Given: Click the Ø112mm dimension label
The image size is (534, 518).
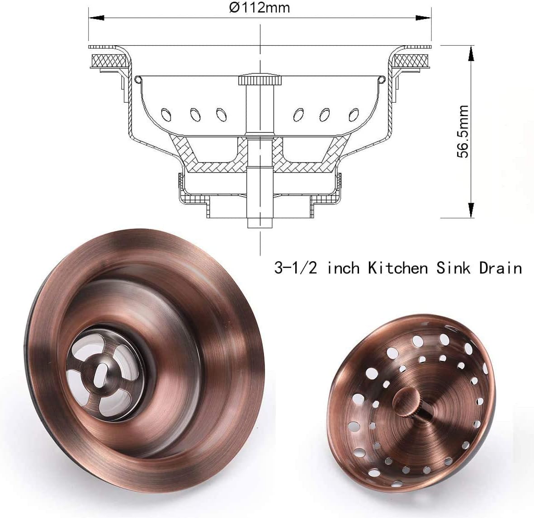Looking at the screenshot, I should coord(260,8).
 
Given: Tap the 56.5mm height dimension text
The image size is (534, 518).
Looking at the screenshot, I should coord(463,132).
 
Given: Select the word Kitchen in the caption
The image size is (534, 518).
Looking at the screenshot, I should coord(397,268).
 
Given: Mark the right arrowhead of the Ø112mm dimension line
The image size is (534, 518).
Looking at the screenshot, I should coord(424,18).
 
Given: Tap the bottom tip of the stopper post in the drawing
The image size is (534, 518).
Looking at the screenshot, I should coord(260,224).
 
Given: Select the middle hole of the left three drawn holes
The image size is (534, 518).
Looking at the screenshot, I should coord(195,114).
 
